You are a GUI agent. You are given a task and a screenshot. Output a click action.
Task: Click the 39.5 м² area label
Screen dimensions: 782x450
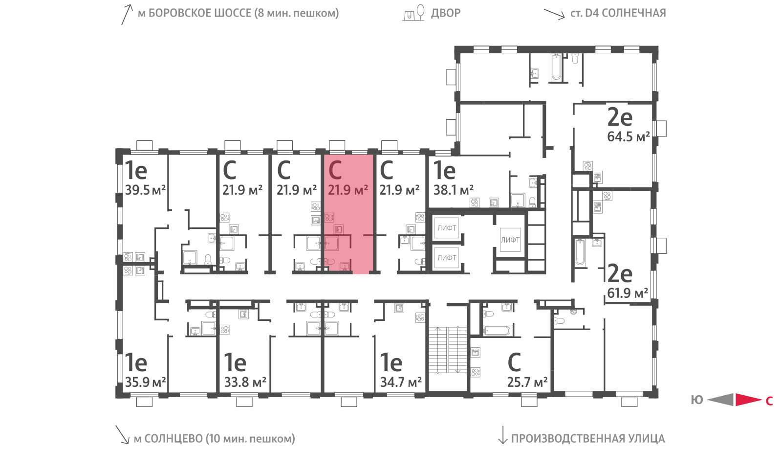pos(145,190)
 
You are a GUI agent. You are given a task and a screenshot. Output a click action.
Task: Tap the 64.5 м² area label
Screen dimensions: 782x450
pos(629,136)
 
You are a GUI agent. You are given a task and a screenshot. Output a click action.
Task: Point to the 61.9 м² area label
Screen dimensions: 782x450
pos(628,293)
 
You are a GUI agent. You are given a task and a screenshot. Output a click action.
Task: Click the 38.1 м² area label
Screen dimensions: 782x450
pos(454,190)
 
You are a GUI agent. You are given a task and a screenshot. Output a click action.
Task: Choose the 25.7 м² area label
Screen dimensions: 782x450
pos(527,382)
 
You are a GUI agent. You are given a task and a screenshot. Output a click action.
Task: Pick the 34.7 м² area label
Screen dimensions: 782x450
pos(401,382)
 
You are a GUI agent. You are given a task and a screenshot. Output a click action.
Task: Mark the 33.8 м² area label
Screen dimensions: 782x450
pos(245,382)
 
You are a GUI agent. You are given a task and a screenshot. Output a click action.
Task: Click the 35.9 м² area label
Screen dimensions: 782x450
pos(145,382)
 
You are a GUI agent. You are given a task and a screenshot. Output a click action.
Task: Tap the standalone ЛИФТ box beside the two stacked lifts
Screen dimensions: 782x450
pos(510,240)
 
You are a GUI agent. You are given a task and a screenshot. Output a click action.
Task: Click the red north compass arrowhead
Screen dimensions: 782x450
pos(748,400)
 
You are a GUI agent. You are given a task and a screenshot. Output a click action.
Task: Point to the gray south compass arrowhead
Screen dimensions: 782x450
pos(720,400)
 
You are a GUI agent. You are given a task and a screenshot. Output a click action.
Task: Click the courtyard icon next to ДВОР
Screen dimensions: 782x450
pos(414,13)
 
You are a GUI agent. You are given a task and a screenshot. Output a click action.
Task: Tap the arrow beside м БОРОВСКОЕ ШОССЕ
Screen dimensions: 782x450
pos(127,14)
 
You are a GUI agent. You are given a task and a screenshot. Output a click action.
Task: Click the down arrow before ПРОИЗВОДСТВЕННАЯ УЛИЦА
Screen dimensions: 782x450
pos(502,435)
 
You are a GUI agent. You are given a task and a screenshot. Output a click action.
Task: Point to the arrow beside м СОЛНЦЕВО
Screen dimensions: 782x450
pos(123,434)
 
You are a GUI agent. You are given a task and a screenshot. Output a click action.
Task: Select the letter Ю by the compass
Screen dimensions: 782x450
pos(696,400)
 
